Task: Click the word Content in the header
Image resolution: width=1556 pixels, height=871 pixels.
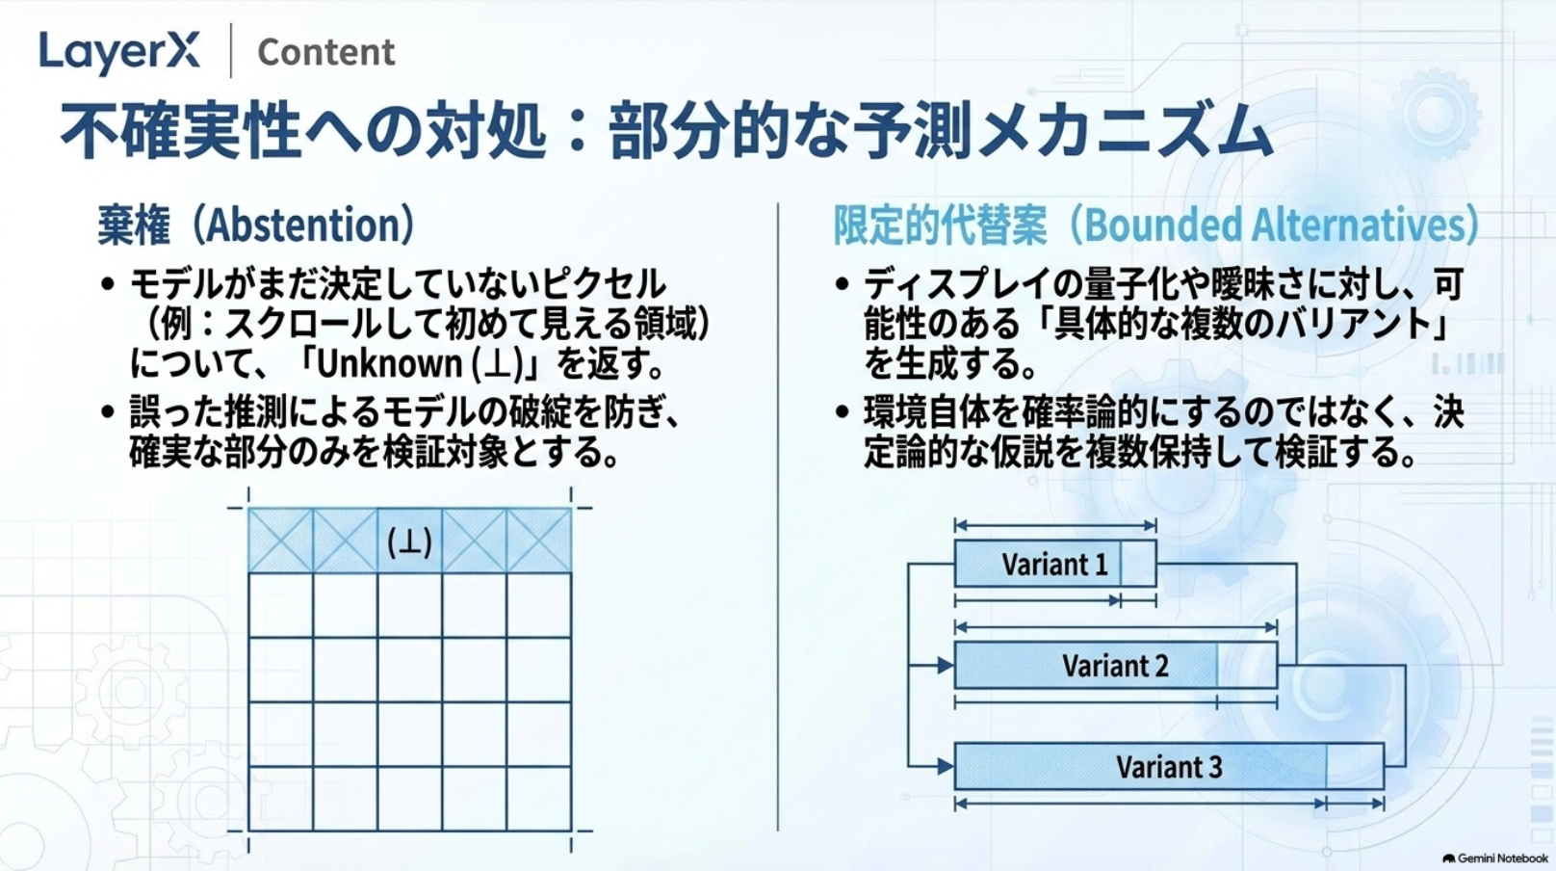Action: [x=325, y=52]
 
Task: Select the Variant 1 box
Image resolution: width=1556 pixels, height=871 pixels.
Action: [x=1055, y=563]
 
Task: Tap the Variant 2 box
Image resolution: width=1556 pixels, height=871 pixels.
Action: [x=1116, y=665]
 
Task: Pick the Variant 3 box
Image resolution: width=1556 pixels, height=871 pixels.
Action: [x=1169, y=766]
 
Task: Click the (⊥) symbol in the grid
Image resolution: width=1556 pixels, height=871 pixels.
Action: [x=410, y=542]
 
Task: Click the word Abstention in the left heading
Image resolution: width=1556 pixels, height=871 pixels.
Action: [x=301, y=224]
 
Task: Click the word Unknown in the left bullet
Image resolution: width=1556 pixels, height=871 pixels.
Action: [x=390, y=363]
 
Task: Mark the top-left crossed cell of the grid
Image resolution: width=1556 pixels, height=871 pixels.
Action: [x=280, y=541]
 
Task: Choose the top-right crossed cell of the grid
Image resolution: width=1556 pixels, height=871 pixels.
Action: [x=539, y=541]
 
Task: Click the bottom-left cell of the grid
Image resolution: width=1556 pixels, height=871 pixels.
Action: [x=280, y=798]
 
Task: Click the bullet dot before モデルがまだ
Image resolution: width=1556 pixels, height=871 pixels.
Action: [x=107, y=283]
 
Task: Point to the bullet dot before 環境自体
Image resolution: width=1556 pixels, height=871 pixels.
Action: [x=842, y=412]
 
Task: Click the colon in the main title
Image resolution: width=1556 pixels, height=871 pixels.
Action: [x=576, y=131]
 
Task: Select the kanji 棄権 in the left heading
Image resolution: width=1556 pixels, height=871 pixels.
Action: [x=134, y=224]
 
